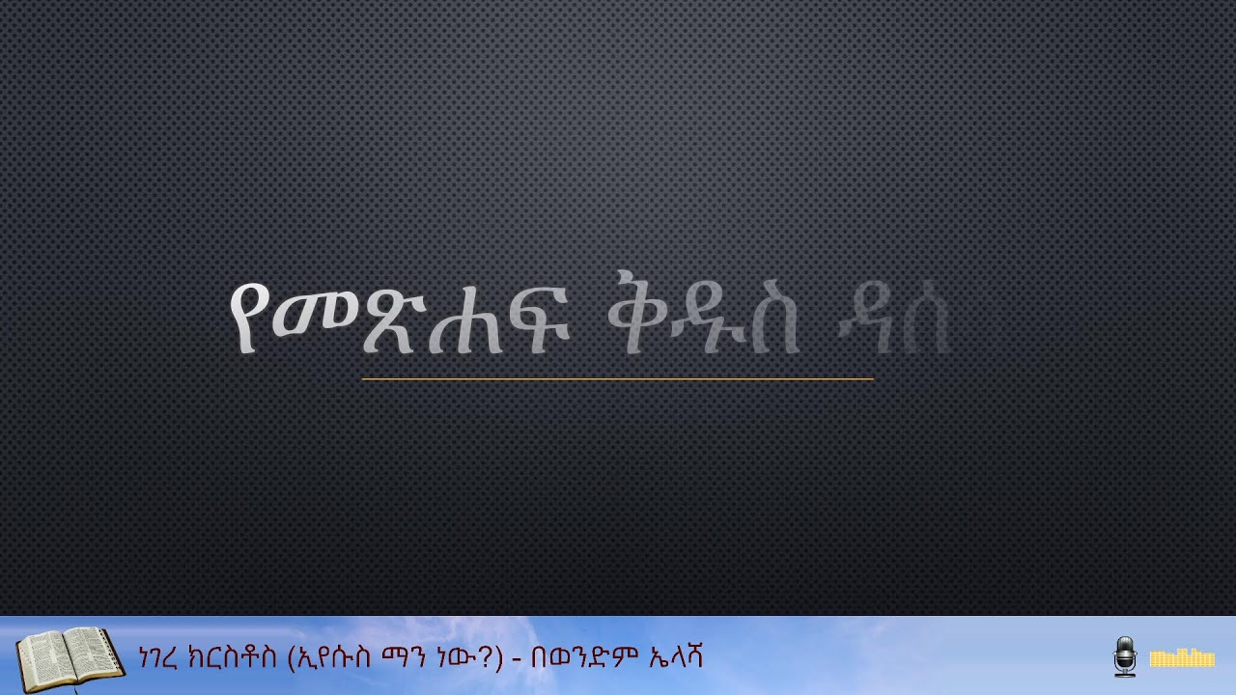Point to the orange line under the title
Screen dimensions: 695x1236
(x=618, y=379)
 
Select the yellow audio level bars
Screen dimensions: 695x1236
(x=1181, y=658)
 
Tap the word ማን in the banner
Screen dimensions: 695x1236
(x=415, y=658)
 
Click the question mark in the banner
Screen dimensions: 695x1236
(x=490, y=658)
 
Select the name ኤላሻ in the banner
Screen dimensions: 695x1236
(x=674, y=658)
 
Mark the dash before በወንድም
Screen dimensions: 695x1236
(x=518, y=659)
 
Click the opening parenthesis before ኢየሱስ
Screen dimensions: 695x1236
(x=293, y=658)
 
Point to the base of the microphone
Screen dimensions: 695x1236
(x=1125, y=673)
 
